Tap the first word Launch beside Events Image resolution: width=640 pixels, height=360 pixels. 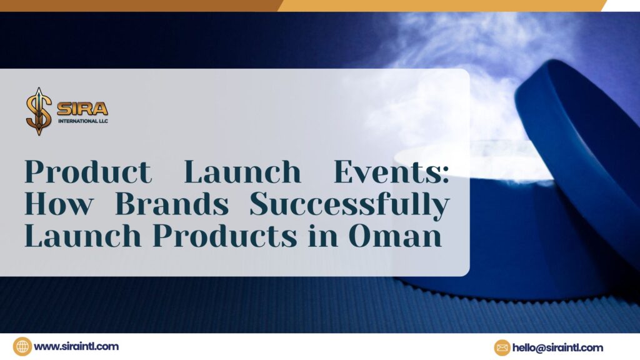(242, 172)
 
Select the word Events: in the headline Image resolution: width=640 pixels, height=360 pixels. (391, 172)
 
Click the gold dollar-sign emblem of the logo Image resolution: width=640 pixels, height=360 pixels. (38, 111)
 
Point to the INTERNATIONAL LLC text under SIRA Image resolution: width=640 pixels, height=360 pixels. (82, 120)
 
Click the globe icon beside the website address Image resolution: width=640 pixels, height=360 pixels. (22, 346)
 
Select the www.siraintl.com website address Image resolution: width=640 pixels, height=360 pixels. (76, 346)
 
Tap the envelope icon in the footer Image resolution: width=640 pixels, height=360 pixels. (502, 347)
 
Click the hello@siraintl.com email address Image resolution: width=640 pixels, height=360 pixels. (558, 347)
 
